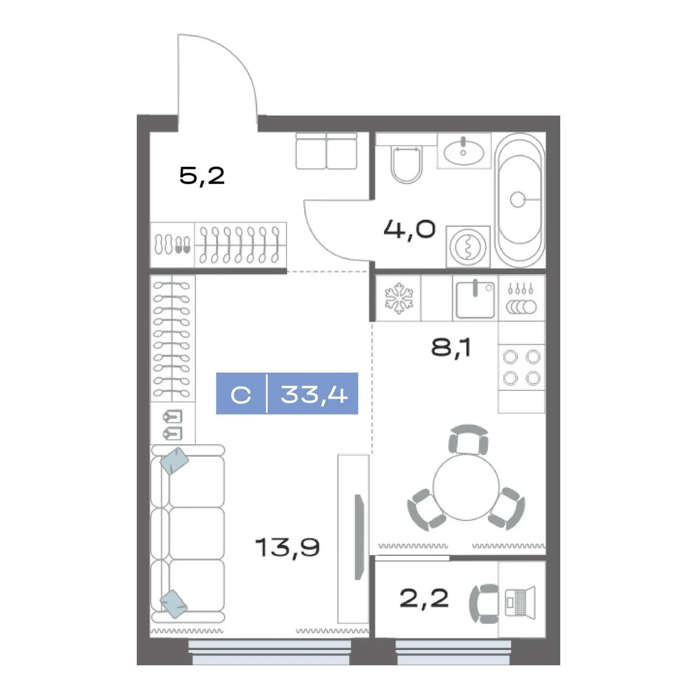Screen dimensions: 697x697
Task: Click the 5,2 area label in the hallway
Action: pyautogui.click(x=202, y=176)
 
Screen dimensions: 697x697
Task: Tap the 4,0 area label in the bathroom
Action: pyautogui.click(x=409, y=229)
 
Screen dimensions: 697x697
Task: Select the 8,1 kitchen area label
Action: pyautogui.click(x=451, y=348)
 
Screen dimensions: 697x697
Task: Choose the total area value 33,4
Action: pyautogui.click(x=314, y=394)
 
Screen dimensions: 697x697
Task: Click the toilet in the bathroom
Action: pyautogui.click(x=407, y=165)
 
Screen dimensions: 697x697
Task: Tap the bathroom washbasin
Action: pyautogui.click(x=463, y=152)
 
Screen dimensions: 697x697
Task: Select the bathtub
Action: pyautogui.click(x=520, y=200)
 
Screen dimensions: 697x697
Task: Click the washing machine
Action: pyautogui.click(x=468, y=247)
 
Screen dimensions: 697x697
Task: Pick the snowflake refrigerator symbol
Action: pyautogui.click(x=399, y=298)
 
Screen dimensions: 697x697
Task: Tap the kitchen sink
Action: pyautogui.click(x=475, y=299)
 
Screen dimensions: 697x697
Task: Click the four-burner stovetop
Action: pyautogui.click(x=522, y=368)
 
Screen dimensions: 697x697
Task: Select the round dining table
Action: pyautogui.click(x=466, y=487)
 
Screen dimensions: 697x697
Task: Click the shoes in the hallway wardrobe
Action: pyautogui.click(x=173, y=245)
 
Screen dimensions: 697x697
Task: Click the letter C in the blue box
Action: pyautogui.click(x=241, y=395)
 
